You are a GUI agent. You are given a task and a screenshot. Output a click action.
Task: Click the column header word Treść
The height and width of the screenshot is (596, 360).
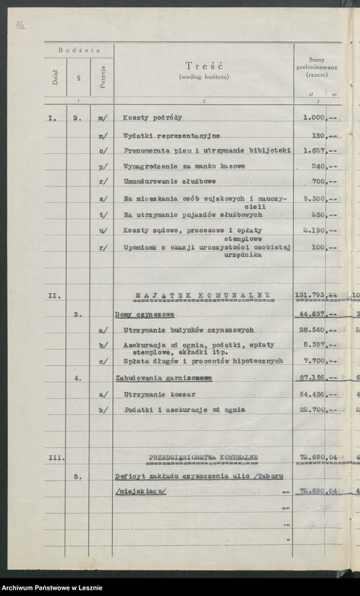(x=204, y=65)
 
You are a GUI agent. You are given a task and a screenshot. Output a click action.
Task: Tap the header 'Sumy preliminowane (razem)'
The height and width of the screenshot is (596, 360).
(x=317, y=67)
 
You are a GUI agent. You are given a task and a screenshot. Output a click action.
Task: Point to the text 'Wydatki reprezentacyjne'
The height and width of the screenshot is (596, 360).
(x=171, y=136)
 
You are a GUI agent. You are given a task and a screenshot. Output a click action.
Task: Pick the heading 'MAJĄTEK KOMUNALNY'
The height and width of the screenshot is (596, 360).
(x=204, y=294)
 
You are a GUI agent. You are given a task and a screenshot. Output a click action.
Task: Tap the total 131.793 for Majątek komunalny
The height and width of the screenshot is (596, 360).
(x=310, y=294)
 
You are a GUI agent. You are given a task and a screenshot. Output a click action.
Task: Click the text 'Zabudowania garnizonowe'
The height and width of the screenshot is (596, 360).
(x=163, y=378)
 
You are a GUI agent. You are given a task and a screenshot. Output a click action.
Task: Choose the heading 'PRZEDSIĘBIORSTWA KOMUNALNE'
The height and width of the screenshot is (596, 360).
(x=204, y=458)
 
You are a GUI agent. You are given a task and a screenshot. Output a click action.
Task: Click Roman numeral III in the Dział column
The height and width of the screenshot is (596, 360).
(x=55, y=458)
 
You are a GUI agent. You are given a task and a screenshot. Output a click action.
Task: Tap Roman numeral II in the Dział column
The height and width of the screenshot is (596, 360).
(x=55, y=294)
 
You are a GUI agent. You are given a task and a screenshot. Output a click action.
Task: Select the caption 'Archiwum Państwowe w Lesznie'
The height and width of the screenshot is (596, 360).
(x=52, y=587)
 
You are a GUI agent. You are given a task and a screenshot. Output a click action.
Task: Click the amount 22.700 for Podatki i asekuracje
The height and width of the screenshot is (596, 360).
(x=311, y=410)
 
